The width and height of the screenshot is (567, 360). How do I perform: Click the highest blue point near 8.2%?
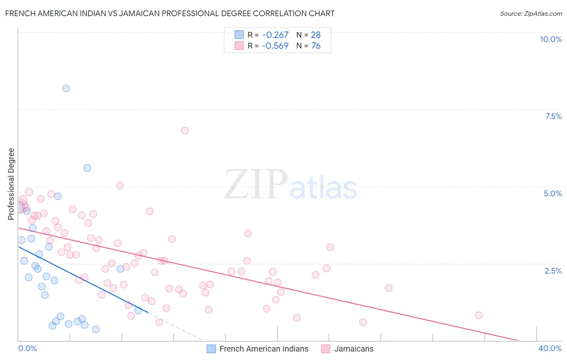pos(66,88)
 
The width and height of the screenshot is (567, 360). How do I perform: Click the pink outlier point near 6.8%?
pos(185,131)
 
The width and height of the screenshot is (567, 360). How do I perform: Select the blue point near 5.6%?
pos(87,168)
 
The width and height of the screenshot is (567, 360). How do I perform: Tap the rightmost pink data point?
pos(479,315)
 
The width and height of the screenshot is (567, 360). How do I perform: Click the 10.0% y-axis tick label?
pos(550,39)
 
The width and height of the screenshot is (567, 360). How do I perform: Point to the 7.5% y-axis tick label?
pos(553,116)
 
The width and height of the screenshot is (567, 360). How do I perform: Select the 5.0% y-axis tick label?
pos(552,193)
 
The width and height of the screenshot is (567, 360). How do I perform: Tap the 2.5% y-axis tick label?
pos(553,271)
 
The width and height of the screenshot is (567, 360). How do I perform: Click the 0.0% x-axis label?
pos(27,348)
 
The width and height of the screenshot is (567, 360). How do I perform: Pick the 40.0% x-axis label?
pos(550,348)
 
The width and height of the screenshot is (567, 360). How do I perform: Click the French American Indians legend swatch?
pos(211,349)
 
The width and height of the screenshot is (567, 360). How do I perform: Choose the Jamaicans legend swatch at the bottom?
pos(326,349)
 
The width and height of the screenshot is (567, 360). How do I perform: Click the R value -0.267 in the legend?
pos(275,35)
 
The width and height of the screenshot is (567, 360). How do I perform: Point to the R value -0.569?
pos(275,46)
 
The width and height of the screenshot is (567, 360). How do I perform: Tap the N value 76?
pos(316,46)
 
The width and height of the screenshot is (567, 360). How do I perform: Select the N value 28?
pos(316,35)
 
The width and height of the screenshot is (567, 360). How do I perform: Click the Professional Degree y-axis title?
pos(11,184)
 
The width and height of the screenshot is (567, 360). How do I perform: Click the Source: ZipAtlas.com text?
pos(531,14)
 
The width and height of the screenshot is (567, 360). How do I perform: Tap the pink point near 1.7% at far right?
pos(388,288)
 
